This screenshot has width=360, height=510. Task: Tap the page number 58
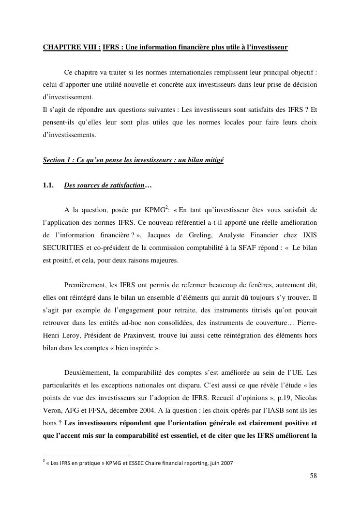[314, 476]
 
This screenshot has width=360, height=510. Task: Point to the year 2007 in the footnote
[226, 463]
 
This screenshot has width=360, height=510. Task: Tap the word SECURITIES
[63, 247]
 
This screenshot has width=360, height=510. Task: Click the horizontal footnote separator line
[87, 456]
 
